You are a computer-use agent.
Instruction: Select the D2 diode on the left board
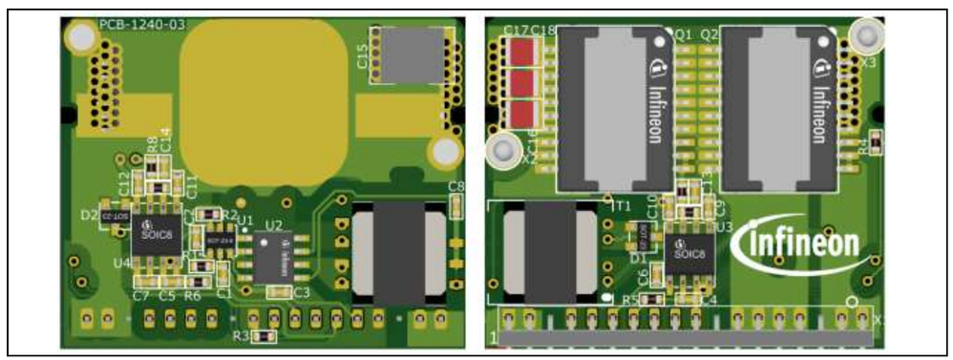click(113, 218)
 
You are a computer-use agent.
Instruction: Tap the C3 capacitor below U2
click(279, 292)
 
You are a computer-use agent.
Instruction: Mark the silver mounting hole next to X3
click(867, 35)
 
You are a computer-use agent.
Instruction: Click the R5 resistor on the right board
click(651, 300)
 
